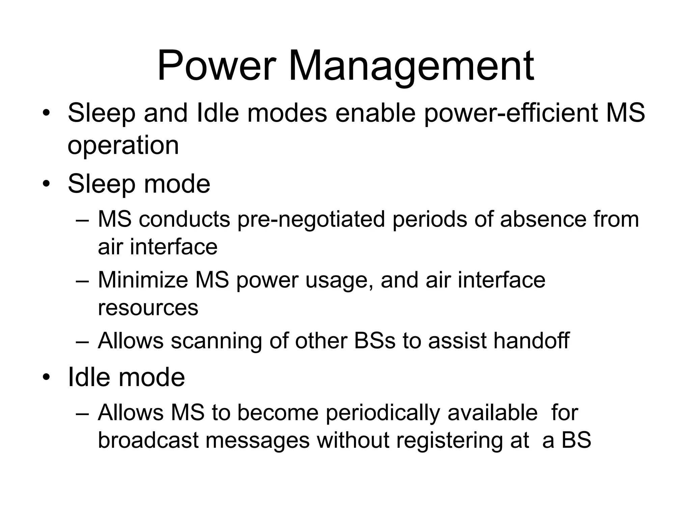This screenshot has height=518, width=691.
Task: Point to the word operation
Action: pyautogui.click(x=123, y=145)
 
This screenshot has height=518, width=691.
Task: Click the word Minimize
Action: pyautogui.click(x=143, y=280)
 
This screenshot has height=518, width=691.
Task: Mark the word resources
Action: pyautogui.click(x=148, y=308)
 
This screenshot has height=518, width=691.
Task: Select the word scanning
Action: pyautogui.click(x=216, y=341)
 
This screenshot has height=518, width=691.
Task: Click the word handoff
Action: pyautogui.click(x=531, y=341)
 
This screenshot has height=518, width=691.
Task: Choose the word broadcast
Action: pyautogui.click(x=148, y=440)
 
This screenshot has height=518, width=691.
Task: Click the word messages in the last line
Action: pyautogui.click(x=257, y=440)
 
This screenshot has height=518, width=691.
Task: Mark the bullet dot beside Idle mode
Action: pyautogui.click(x=46, y=378)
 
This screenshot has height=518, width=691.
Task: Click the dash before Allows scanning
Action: pyautogui.click(x=82, y=341)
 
